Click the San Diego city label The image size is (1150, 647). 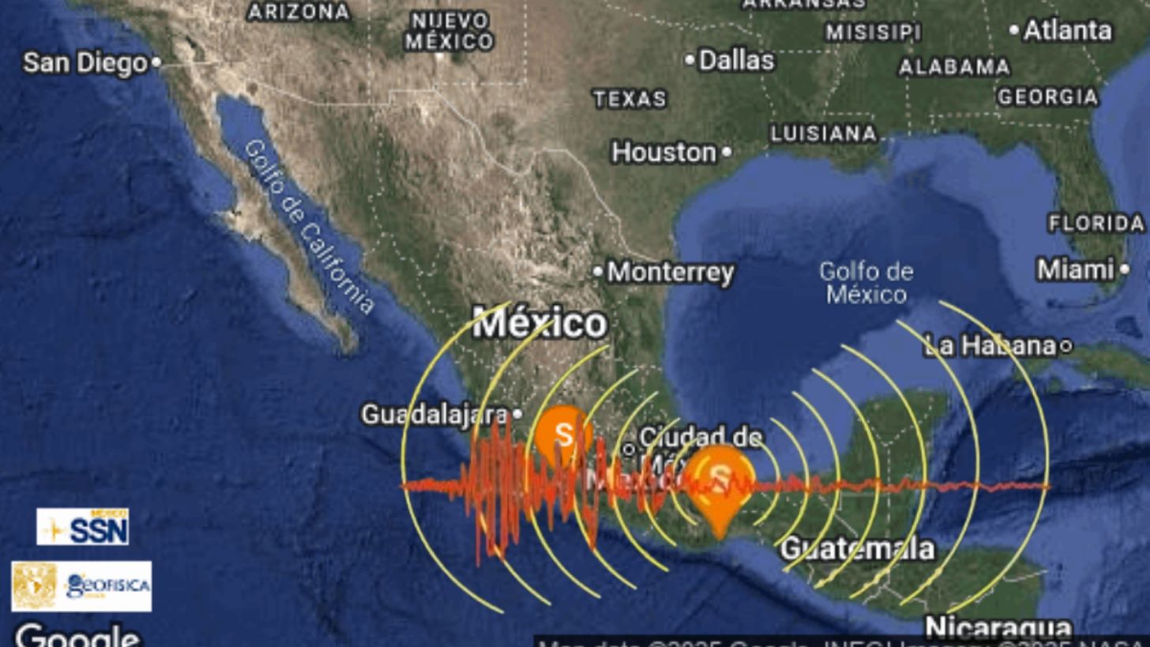coord(85,63)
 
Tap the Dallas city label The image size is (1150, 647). coord(736,60)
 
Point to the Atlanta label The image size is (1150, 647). coord(1068,31)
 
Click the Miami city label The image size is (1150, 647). coord(1075,270)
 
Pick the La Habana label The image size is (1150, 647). coord(989,345)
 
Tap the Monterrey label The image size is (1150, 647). coord(670,273)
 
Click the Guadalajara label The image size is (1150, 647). coord(434,414)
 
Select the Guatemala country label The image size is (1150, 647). coord(858,548)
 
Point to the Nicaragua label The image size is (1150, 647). coord(998,629)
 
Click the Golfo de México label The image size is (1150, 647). coord(866,283)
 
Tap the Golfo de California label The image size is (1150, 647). coord(308,227)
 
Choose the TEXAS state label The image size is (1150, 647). coord(629,99)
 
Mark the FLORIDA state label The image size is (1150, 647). coord(1096,224)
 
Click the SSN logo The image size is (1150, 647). coord(83,526)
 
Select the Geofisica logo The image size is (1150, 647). coord(81,586)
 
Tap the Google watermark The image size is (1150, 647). coord(77,635)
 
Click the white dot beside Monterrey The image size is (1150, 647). coord(598,273)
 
